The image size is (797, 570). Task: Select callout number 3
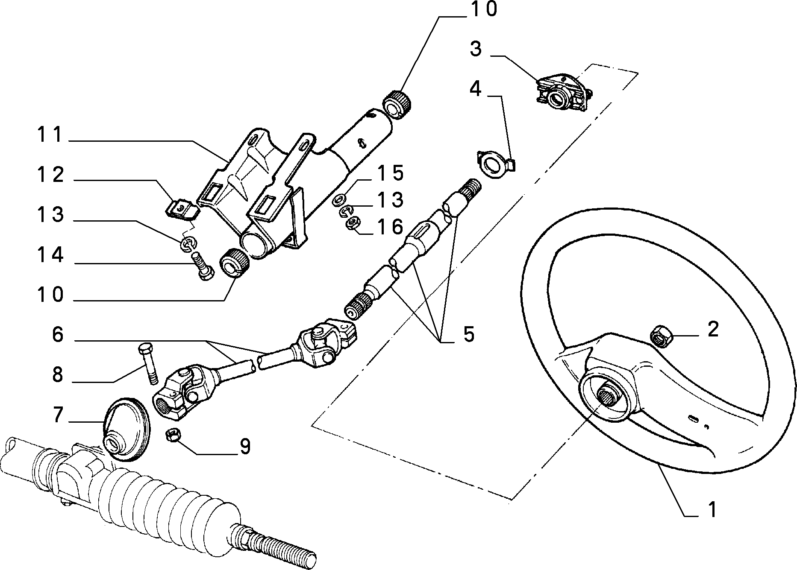click(476, 50)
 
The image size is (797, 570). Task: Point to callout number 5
click(469, 334)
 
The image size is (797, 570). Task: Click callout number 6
click(57, 335)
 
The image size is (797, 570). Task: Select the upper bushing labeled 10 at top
click(396, 104)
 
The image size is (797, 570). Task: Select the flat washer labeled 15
click(340, 199)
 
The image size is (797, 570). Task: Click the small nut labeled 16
click(353, 223)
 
